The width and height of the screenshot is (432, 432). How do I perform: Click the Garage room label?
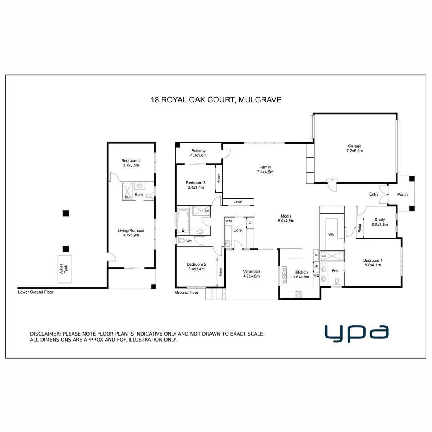[x=354, y=146]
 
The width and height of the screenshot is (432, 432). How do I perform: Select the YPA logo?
[x=356, y=333]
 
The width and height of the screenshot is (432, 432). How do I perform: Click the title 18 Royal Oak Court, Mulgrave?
[x=216, y=100]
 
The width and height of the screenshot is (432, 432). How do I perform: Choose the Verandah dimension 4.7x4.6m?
[x=251, y=276]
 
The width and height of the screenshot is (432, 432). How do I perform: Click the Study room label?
[x=380, y=220]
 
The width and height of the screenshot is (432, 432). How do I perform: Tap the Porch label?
[x=402, y=195]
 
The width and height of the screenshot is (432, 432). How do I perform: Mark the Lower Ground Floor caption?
[x=36, y=292]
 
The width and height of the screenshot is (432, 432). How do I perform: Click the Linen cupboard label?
[x=238, y=202]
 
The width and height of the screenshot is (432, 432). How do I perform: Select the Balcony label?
[x=198, y=151]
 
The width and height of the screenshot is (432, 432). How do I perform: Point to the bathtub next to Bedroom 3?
[x=184, y=220]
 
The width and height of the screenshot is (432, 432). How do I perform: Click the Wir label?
[x=331, y=234]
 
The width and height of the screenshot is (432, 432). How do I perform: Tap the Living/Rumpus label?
[x=131, y=230]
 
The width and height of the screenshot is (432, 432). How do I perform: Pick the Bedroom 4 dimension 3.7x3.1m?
[x=130, y=165]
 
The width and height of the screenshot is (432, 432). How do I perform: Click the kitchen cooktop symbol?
[x=298, y=294]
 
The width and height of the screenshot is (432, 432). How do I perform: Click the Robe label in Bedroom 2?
[x=220, y=272]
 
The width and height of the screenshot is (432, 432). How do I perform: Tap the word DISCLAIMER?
[x=45, y=334]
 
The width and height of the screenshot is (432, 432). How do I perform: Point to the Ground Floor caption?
[x=187, y=292]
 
